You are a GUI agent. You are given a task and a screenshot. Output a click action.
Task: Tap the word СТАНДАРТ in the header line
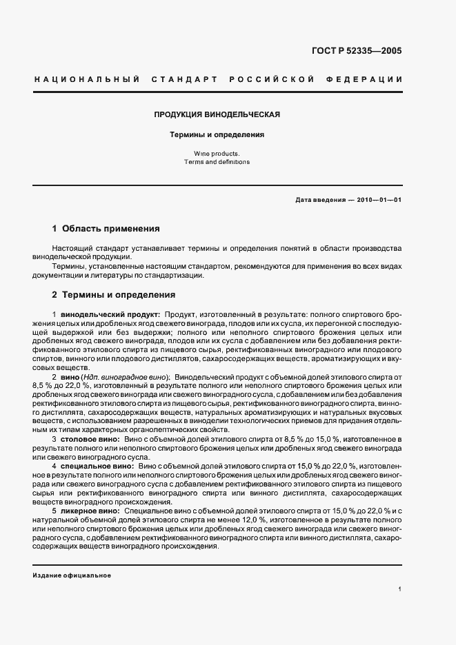[x=181, y=79]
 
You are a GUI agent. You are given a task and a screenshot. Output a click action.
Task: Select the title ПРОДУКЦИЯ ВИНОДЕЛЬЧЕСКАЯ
[x=217, y=114]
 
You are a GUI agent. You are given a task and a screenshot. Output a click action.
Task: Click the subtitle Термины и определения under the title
[x=217, y=135]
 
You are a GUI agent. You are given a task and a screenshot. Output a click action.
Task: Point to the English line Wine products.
[x=217, y=154]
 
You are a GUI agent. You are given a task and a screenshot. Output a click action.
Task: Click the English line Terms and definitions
[x=217, y=162]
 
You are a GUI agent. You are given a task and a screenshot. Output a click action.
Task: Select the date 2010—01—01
[x=379, y=200]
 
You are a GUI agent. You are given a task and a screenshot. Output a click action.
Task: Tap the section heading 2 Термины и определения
[x=113, y=295]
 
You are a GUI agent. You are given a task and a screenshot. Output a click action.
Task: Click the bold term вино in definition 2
[x=70, y=377]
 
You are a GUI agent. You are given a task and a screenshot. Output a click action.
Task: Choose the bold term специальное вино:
[x=95, y=467]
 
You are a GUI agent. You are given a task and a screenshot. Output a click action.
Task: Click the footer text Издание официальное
[x=72, y=575]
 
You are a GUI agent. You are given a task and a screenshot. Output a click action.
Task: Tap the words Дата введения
[x=320, y=200]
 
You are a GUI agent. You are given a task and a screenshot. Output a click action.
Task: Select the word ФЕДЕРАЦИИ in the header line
[x=368, y=79]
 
